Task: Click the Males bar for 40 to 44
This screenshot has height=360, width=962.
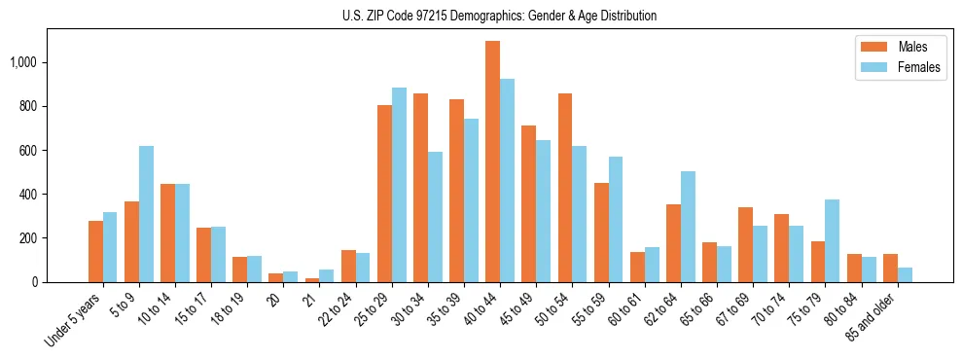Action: (492, 162)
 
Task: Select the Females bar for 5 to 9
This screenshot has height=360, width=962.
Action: (146, 214)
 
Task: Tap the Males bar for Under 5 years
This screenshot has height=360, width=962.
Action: (95, 251)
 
